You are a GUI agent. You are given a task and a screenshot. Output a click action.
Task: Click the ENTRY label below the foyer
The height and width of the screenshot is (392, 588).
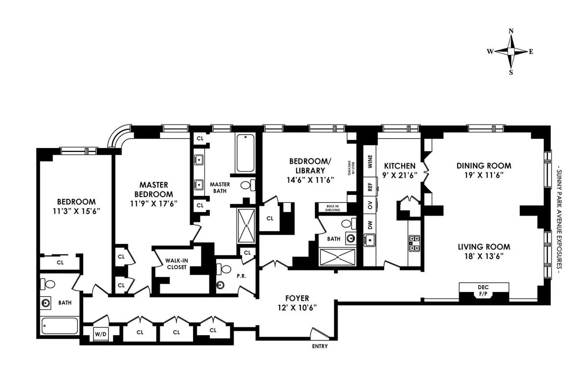[x=319, y=346]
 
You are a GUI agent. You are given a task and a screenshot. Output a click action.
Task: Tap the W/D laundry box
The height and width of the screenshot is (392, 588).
[x=100, y=335]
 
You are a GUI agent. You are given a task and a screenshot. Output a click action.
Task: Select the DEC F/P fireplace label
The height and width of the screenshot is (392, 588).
[x=483, y=290]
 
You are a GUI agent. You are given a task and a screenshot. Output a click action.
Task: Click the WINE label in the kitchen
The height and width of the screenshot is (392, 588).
[x=370, y=161]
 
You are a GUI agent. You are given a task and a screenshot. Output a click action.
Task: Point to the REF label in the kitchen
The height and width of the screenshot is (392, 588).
[x=370, y=188]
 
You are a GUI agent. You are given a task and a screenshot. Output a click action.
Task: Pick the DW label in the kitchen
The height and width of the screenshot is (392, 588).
[x=370, y=225]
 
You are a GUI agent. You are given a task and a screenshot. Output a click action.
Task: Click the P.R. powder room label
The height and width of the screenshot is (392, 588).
[x=241, y=276]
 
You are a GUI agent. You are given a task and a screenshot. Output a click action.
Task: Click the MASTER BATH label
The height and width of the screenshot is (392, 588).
[x=220, y=187]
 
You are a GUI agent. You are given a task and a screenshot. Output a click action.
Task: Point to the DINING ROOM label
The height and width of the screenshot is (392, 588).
[x=484, y=165]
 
